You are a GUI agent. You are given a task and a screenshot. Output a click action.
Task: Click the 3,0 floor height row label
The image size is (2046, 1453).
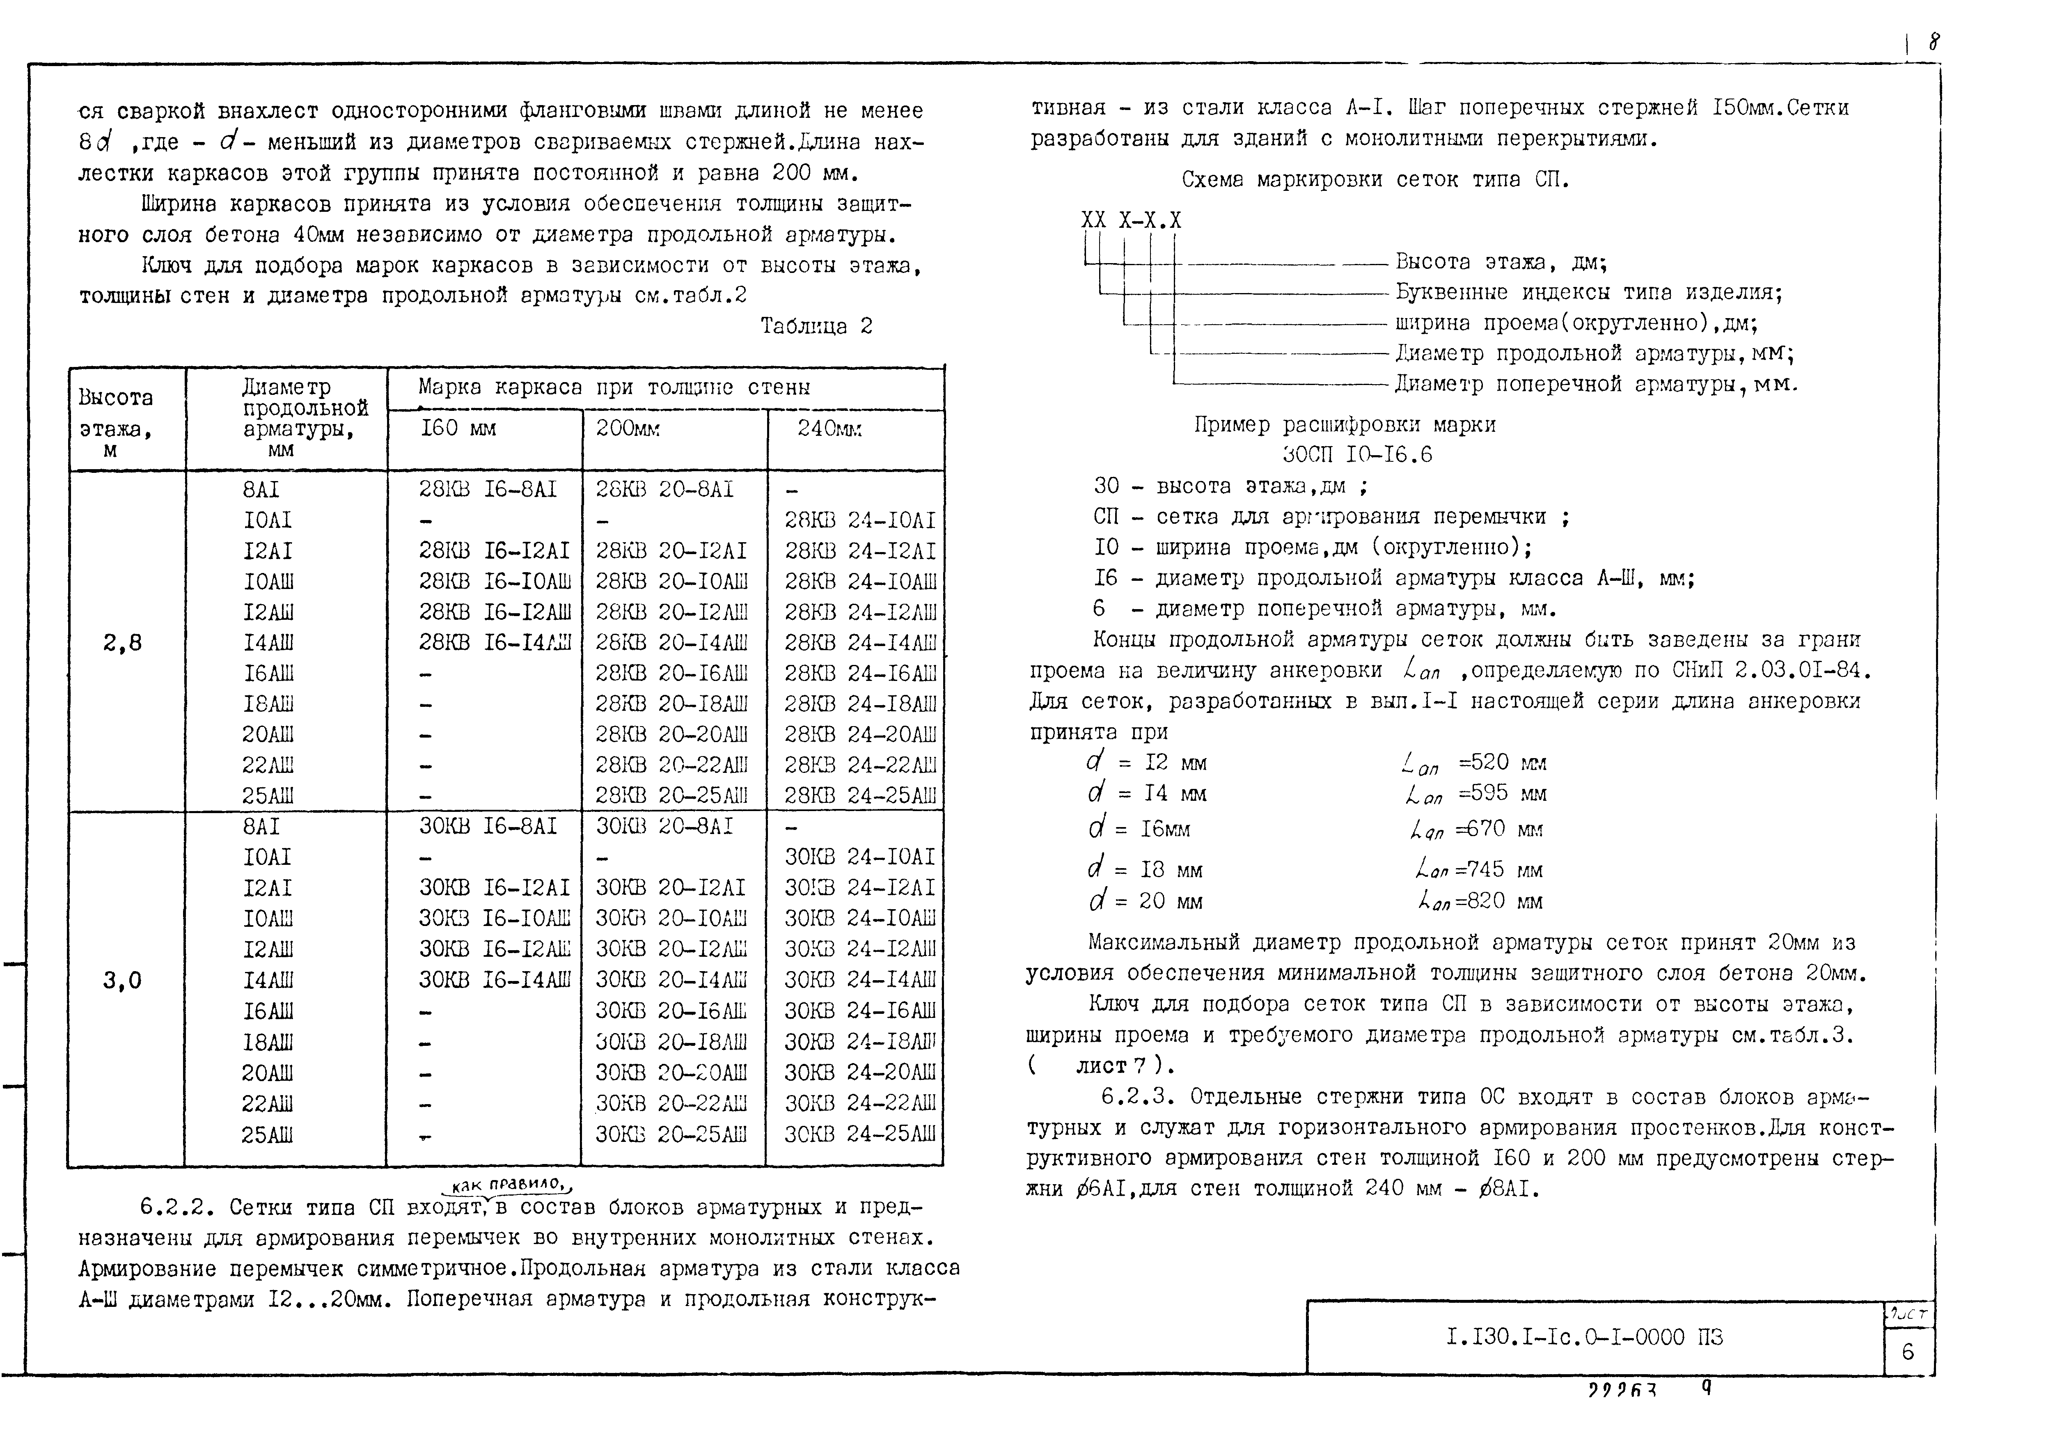coord(123,981)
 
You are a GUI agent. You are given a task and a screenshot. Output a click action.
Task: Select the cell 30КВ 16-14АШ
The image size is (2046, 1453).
coord(494,980)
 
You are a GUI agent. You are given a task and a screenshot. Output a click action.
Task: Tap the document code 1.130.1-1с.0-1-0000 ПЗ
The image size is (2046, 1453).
coord(1583,1337)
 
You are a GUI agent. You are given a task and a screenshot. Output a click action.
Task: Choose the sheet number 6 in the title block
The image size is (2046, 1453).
coord(1907,1351)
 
